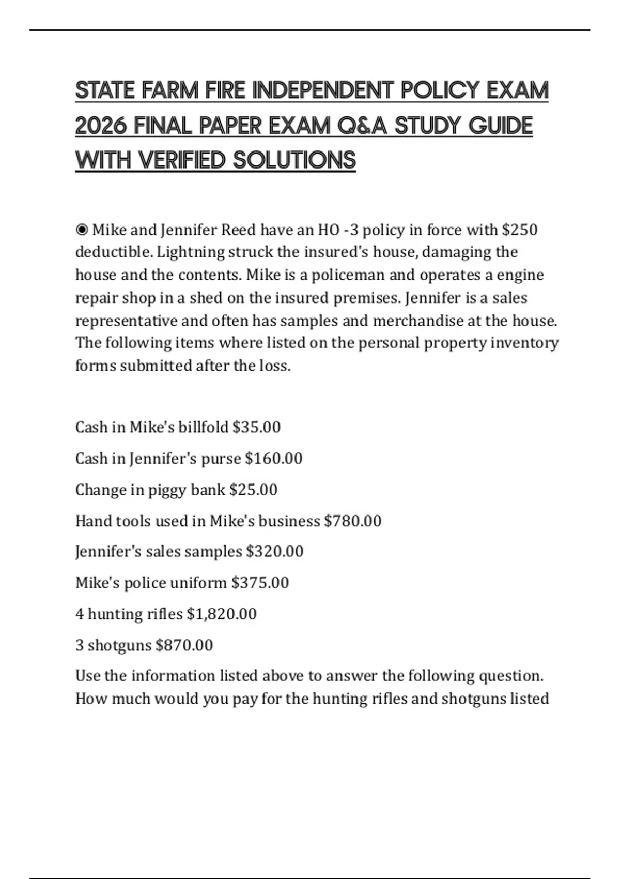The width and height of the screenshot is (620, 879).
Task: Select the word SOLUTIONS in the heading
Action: click(x=294, y=160)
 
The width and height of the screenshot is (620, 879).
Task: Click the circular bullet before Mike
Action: click(x=82, y=229)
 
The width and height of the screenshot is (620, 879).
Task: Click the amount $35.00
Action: click(x=256, y=427)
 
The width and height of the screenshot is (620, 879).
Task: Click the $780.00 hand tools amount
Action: click(x=352, y=521)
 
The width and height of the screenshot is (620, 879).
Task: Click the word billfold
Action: click(x=203, y=427)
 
